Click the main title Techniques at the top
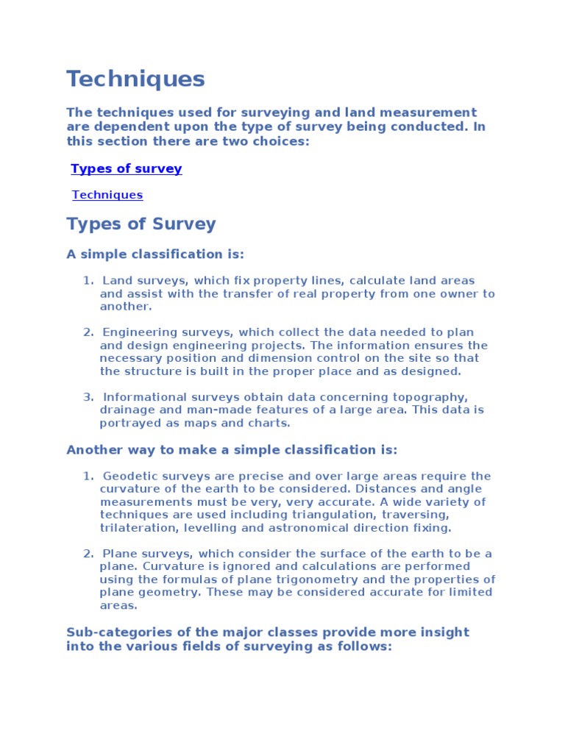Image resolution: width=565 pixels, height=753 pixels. (x=135, y=79)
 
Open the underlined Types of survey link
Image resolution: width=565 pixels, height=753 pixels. (x=126, y=168)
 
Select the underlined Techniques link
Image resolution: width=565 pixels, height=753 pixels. (x=107, y=195)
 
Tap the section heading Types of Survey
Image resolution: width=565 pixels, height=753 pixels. (x=141, y=224)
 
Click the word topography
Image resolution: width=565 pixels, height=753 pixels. (x=435, y=397)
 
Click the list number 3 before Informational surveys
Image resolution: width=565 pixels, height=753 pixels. (x=86, y=397)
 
